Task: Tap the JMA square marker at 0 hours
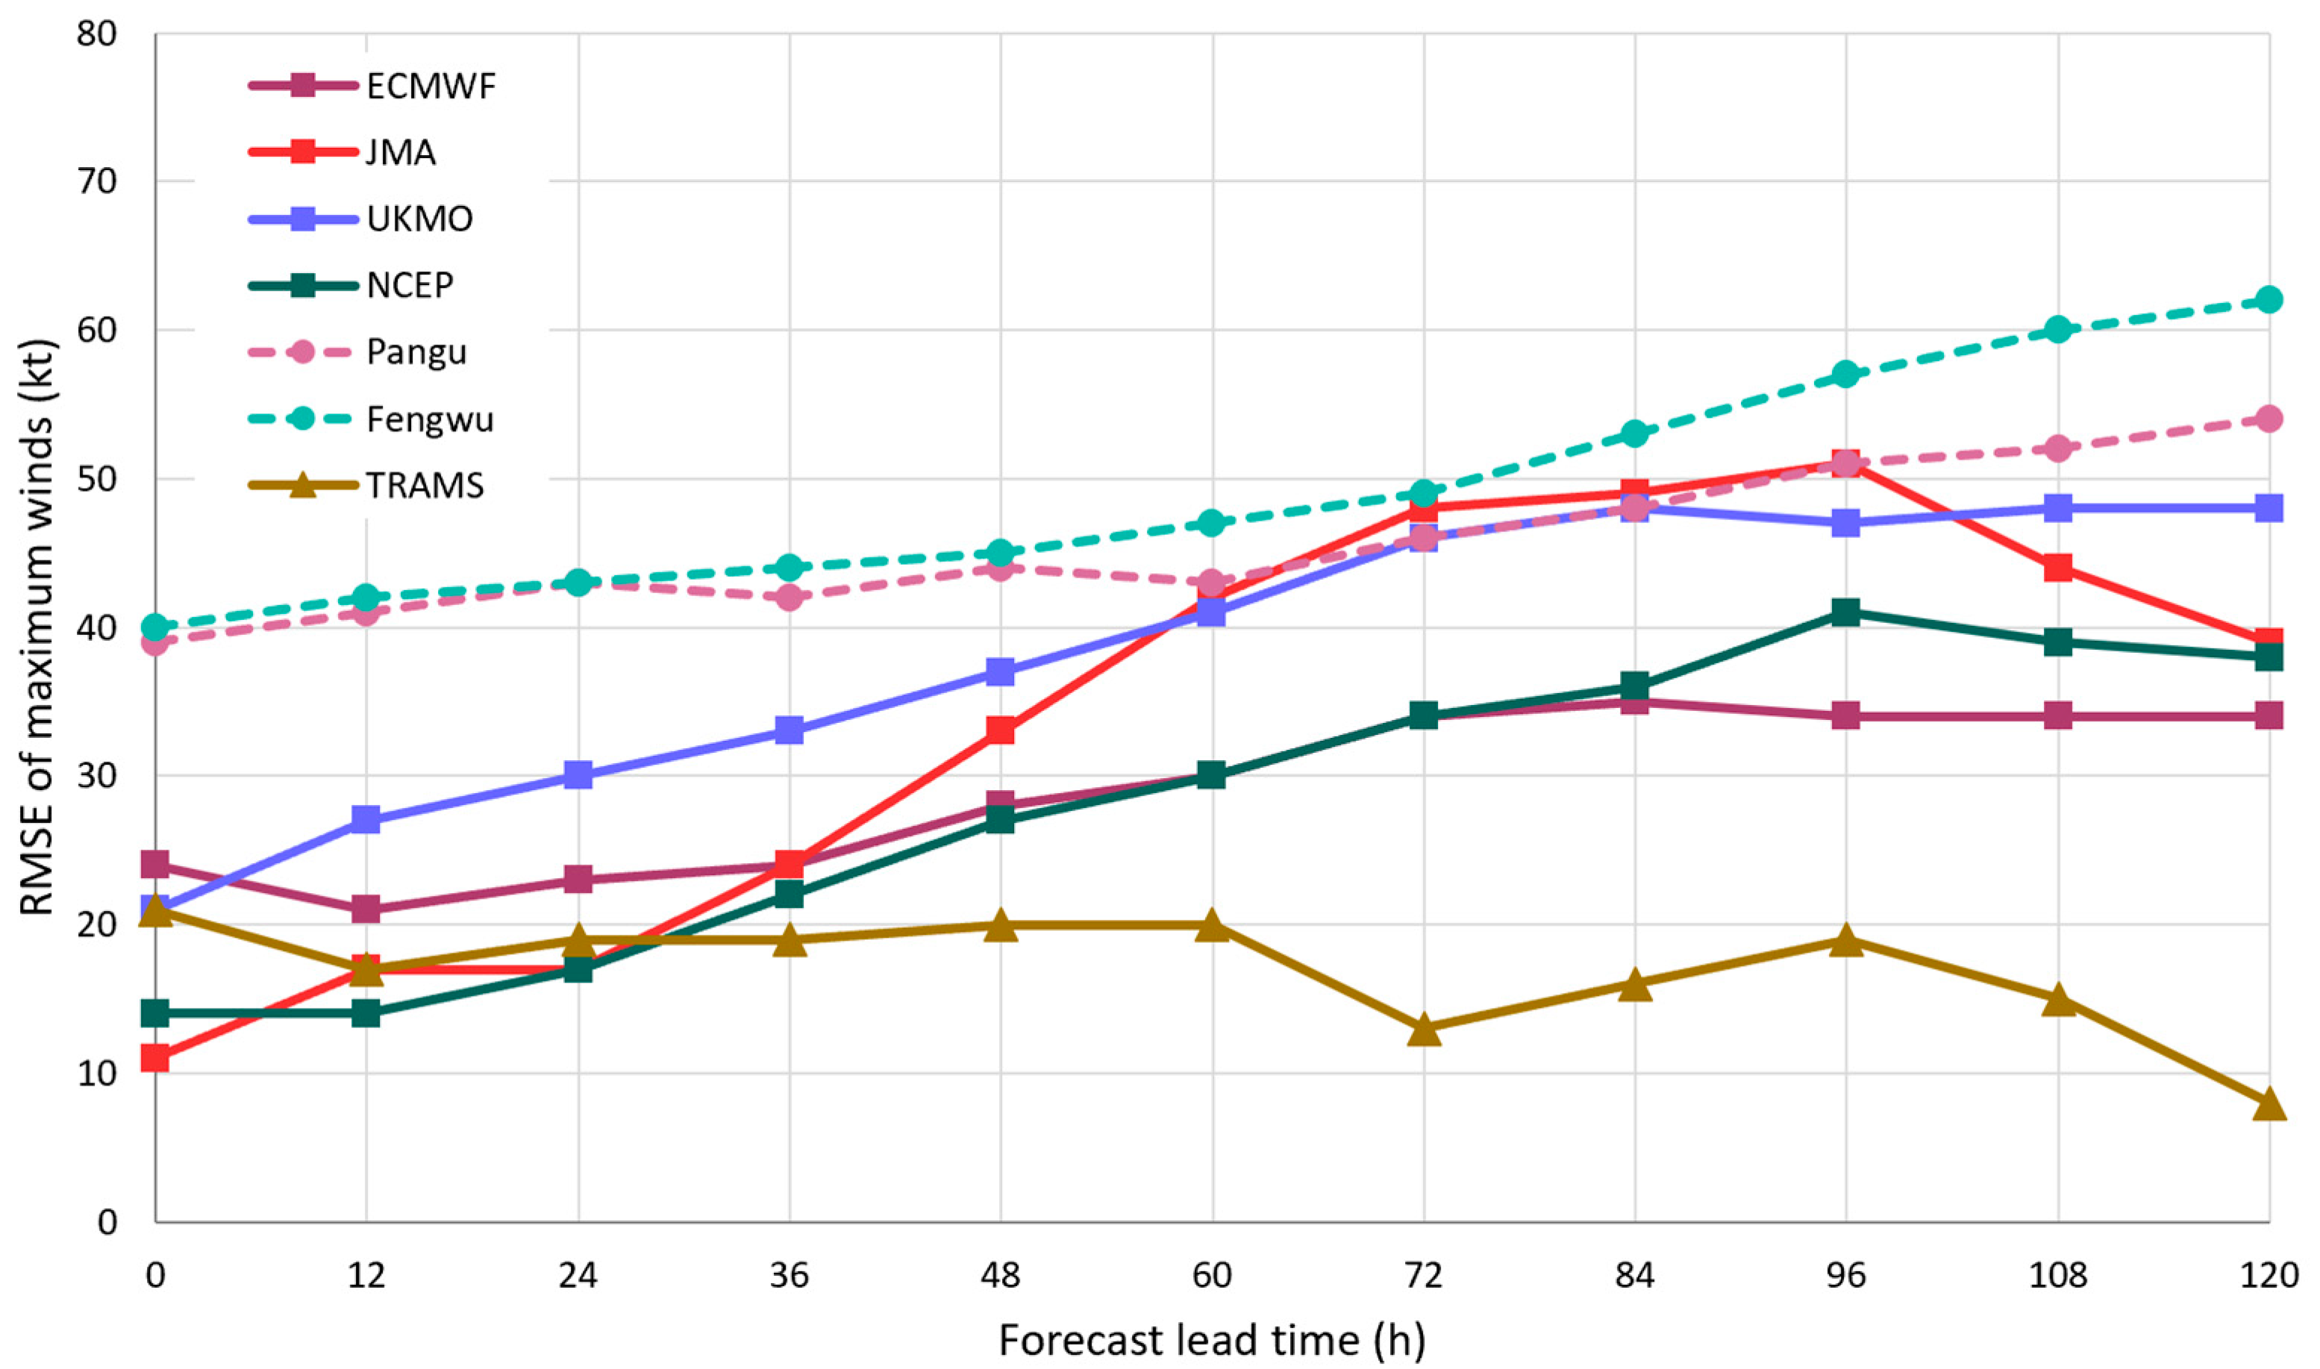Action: point(155,1058)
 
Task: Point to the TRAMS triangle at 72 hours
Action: point(1423,1030)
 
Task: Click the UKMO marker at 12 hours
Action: point(366,819)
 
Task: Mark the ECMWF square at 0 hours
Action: point(155,865)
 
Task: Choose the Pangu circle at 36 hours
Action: point(789,597)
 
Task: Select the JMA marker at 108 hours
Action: point(2057,567)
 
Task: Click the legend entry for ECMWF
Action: point(431,87)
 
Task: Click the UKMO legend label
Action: point(419,219)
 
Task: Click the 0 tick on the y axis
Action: point(108,1222)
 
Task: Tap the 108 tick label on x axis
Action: point(2057,1275)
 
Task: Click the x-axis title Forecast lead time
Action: point(1211,1341)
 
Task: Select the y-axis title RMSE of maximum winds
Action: point(39,627)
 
